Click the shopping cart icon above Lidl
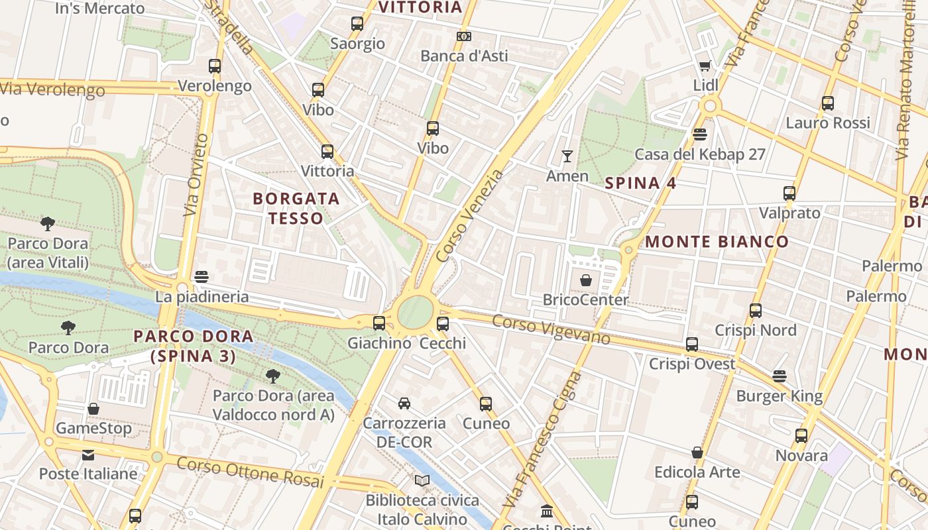pos(705,66)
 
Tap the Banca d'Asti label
pos(464,56)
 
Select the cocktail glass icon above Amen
pos(567,156)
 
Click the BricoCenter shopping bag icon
pos(585,280)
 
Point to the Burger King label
pos(779,396)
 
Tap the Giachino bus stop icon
pos(378,323)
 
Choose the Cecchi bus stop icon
pos(443,324)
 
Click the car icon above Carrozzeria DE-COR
pos(404,403)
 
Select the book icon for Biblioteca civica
pos(422,480)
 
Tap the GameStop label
pos(93,428)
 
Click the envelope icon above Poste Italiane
pos(88,455)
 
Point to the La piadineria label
pos(202,297)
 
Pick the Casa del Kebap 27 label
pos(700,154)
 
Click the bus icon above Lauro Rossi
pos(827,103)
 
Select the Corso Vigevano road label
pos(551,329)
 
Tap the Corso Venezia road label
pos(470,215)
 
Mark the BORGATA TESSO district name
pos(296,208)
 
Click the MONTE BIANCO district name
pos(717,241)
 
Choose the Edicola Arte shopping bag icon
pos(697,452)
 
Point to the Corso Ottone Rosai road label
pos(249,471)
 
